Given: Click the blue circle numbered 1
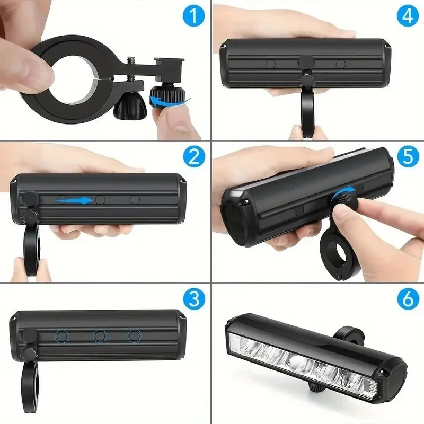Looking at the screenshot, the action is pyautogui.click(x=194, y=16).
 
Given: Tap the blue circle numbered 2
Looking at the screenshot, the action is pyautogui.click(x=194, y=157).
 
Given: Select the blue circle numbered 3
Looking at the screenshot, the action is pyautogui.click(x=194, y=298).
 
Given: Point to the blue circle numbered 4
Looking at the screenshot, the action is pyautogui.click(x=408, y=16).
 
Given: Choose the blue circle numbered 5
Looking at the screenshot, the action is pyautogui.click(x=408, y=156).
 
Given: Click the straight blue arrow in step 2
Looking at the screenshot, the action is pyautogui.click(x=74, y=200).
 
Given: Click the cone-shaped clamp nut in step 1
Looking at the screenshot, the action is pyautogui.click(x=130, y=107).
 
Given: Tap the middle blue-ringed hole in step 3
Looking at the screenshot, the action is pyautogui.click(x=100, y=336).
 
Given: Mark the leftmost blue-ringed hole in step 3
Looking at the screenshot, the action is pyautogui.click(x=62, y=336).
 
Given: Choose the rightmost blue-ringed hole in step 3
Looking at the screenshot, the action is pyautogui.click(x=135, y=336).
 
